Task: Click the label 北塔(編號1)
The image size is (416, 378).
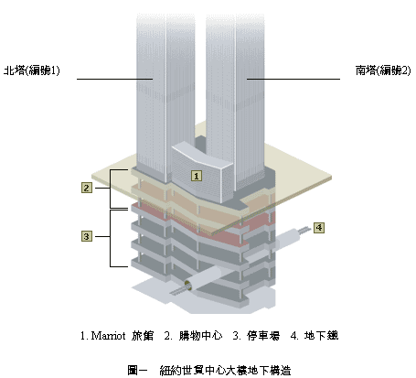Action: (x=32, y=70)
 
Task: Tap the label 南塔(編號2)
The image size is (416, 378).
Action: (x=383, y=70)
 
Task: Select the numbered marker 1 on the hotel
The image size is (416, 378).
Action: (x=197, y=176)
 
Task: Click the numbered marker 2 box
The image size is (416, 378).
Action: (x=87, y=188)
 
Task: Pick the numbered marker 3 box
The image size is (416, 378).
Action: (x=87, y=236)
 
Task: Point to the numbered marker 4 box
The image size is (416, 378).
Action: (x=319, y=228)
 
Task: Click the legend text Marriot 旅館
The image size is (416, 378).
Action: (x=123, y=336)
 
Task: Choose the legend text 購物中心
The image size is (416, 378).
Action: (x=200, y=336)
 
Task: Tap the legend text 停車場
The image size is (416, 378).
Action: (x=263, y=336)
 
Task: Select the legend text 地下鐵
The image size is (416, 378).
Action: (x=321, y=336)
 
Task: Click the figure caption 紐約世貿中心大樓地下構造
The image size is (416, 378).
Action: (x=225, y=371)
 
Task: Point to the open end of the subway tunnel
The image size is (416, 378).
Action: (x=188, y=286)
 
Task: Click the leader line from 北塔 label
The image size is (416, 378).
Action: (x=114, y=79)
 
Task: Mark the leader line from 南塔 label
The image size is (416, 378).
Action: (x=293, y=79)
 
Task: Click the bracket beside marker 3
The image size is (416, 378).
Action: (x=111, y=238)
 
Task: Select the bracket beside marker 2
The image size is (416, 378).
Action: (x=111, y=189)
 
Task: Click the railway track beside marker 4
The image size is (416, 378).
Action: (x=304, y=231)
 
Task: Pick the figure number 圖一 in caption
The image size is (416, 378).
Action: (x=137, y=371)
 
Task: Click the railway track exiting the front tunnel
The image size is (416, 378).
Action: (x=177, y=291)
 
